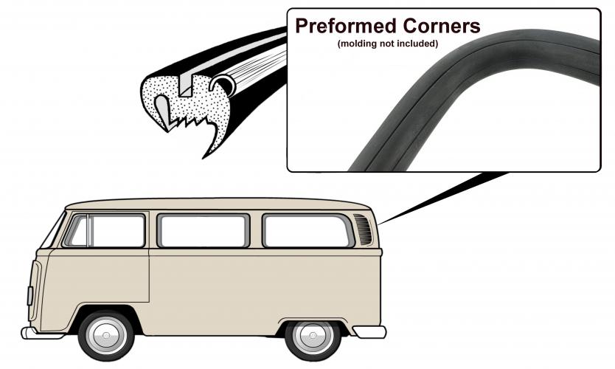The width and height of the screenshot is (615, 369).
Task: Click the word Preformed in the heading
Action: (346, 27)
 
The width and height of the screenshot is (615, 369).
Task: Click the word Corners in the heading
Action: (442, 27)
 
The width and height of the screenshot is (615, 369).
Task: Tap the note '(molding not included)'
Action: (388, 44)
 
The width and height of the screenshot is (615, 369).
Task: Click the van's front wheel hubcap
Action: (106, 335)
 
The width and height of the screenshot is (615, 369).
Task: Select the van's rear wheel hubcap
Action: (313, 335)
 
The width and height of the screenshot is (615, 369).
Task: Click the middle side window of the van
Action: (204, 231)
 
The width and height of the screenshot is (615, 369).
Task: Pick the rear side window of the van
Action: (308, 231)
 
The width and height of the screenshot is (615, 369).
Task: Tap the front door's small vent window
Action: (79, 232)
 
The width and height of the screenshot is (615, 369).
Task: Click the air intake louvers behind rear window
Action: (364, 230)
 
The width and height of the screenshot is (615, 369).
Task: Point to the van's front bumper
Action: (42, 334)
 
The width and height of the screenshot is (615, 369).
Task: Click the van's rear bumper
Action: (370, 332)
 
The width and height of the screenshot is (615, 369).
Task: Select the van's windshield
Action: (52, 230)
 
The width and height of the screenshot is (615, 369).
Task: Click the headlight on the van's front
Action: (29, 296)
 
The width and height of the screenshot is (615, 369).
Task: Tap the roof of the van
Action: (218, 204)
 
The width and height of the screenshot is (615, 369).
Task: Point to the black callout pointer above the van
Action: (443, 198)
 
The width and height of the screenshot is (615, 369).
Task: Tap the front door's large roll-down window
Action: (118, 231)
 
